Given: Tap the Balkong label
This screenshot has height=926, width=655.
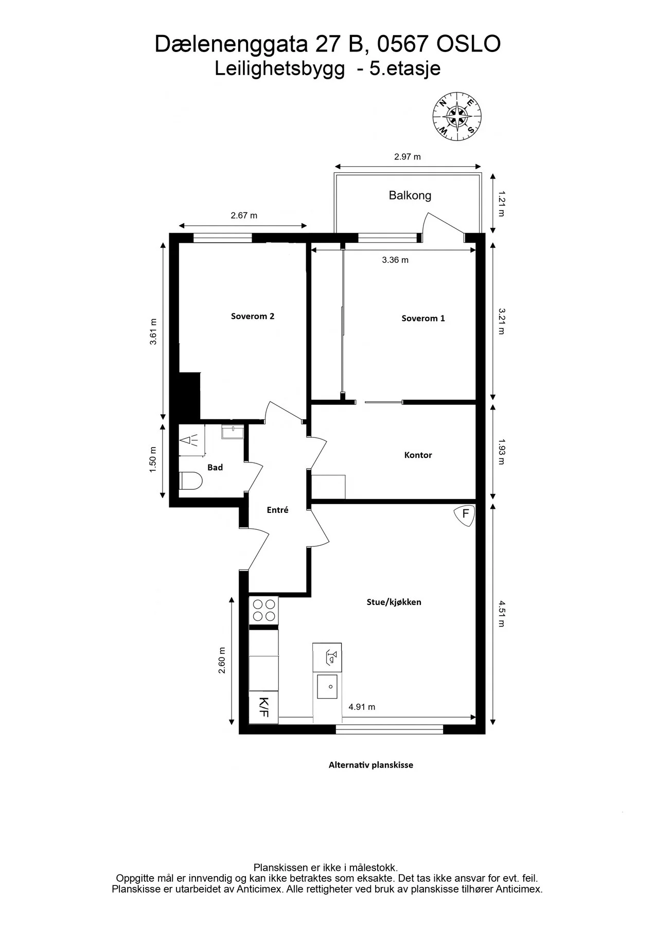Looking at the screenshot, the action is (410, 195).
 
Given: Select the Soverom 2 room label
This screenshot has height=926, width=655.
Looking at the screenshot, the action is (253, 316).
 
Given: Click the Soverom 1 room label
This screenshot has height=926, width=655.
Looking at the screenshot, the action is (423, 318).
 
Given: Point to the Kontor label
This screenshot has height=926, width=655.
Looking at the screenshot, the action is (418, 455).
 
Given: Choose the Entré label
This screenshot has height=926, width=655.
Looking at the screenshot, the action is (277, 510).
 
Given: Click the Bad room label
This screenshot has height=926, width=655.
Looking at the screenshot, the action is (215, 467).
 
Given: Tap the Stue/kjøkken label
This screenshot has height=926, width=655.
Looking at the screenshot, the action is (394, 602).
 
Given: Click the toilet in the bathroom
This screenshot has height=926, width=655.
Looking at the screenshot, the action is (191, 482).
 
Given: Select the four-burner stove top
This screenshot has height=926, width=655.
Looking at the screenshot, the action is (263, 610).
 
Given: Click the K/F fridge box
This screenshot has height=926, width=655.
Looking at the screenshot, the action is (263, 707).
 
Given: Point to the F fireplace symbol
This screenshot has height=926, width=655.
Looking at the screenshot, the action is (465, 515).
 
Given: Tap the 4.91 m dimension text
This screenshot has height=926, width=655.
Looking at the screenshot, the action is (362, 707).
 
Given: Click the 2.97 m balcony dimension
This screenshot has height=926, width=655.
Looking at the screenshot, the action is (408, 157).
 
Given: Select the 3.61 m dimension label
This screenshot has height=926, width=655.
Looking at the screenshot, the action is (153, 332).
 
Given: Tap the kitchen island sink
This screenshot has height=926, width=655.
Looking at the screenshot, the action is (327, 686).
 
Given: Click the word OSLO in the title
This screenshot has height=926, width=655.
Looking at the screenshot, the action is (468, 45).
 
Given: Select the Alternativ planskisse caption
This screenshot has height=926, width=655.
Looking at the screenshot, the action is (371, 765).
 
